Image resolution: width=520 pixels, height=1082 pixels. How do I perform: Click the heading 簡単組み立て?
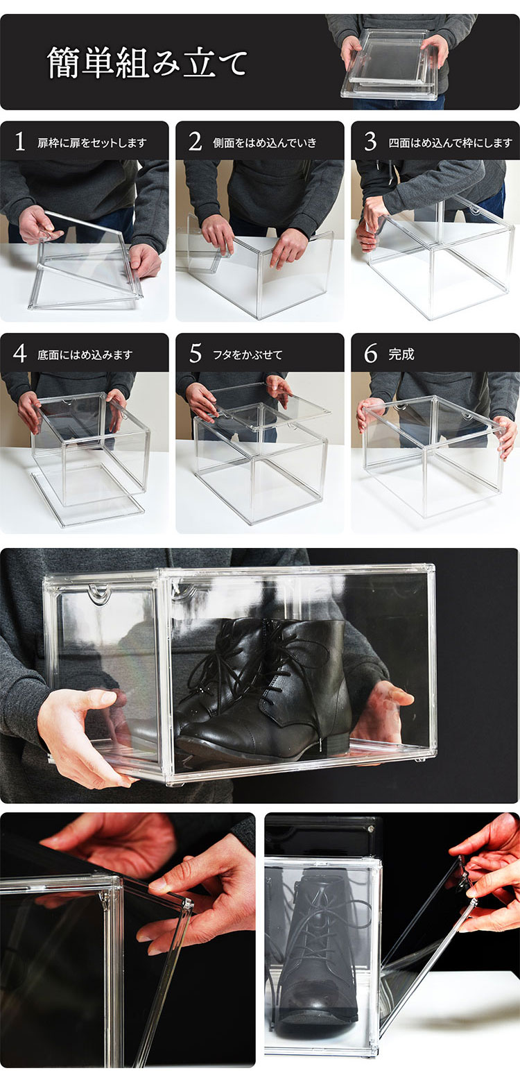pyautogui.click(x=147, y=63)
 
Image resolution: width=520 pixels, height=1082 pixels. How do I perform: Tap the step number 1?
pyautogui.click(x=20, y=142)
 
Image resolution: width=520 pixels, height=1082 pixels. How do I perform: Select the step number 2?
pyautogui.click(x=195, y=142)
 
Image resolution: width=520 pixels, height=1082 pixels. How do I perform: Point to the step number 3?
pyautogui.click(x=370, y=142)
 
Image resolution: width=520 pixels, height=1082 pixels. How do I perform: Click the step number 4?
pyautogui.click(x=20, y=354)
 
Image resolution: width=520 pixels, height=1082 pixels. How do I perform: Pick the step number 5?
pyautogui.click(x=195, y=354)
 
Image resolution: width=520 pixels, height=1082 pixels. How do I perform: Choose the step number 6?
pyautogui.click(x=370, y=354)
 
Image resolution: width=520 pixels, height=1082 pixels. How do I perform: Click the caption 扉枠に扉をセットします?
pyautogui.click(x=92, y=143)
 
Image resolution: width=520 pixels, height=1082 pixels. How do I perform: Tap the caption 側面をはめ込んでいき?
pyautogui.click(x=265, y=143)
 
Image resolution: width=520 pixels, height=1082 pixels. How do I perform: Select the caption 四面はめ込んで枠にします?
pyautogui.click(x=451, y=143)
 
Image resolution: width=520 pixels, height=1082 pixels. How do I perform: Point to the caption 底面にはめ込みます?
pyautogui.click(x=85, y=355)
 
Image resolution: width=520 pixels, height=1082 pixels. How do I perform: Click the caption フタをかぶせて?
pyautogui.click(x=248, y=355)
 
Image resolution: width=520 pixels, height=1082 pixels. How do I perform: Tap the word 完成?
pyautogui.click(x=401, y=354)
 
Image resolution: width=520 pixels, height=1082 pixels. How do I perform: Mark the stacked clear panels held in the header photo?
pyautogui.click(x=392, y=65)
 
